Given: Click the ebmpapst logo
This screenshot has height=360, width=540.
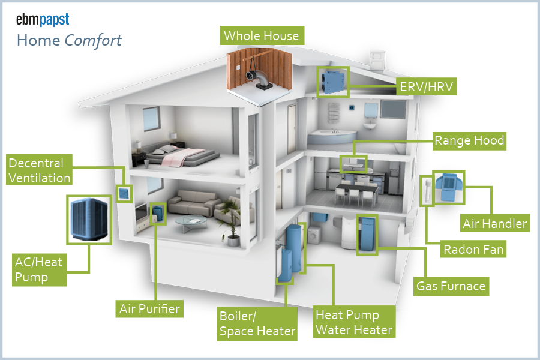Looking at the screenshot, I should [x=43, y=19].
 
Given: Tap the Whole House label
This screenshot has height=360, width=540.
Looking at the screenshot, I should [x=261, y=35].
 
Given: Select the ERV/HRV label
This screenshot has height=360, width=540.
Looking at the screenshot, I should [x=427, y=88].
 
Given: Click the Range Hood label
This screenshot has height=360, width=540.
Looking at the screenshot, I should [x=469, y=142].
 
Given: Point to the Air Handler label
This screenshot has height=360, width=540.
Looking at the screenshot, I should [x=494, y=224].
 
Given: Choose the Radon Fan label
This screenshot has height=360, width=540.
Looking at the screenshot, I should [x=473, y=249].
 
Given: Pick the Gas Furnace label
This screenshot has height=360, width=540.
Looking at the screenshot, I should [x=451, y=286].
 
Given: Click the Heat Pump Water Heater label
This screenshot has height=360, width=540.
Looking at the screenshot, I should [x=354, y=323].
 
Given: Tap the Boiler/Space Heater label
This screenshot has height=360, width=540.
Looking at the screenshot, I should [x=257, y=323].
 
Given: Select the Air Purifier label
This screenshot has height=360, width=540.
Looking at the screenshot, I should [x=149, y=309].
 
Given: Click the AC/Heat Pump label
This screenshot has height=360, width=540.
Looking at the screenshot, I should [x=39, y=270].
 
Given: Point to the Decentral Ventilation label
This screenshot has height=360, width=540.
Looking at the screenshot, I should [x=40, y=170].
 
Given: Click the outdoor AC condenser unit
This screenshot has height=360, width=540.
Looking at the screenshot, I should [x=88, y=220].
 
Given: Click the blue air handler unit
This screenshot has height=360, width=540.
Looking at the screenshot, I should [x=447, y=187].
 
